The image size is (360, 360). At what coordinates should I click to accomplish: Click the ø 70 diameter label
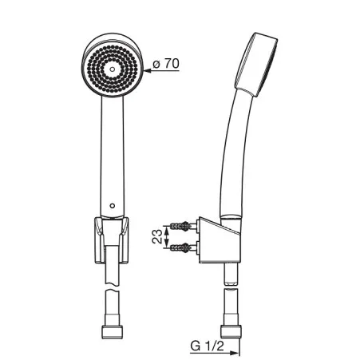tap(166, 64)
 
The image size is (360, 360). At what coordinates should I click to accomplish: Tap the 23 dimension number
tap(157, 236)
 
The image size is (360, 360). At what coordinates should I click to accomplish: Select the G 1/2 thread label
tap(208, 346)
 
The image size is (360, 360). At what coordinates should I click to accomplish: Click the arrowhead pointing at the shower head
tap(147, 71)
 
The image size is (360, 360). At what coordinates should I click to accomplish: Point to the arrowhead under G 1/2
tap(234, 353)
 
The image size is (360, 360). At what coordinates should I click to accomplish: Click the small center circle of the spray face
tap(113, 69)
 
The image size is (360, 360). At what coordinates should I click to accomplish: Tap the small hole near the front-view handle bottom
tap(113, 206)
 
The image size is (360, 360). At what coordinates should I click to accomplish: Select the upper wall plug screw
tap(180, 227)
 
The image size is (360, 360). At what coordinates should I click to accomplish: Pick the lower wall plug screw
tap(180, 247)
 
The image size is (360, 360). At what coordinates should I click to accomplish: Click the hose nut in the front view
tap(113, 332)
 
